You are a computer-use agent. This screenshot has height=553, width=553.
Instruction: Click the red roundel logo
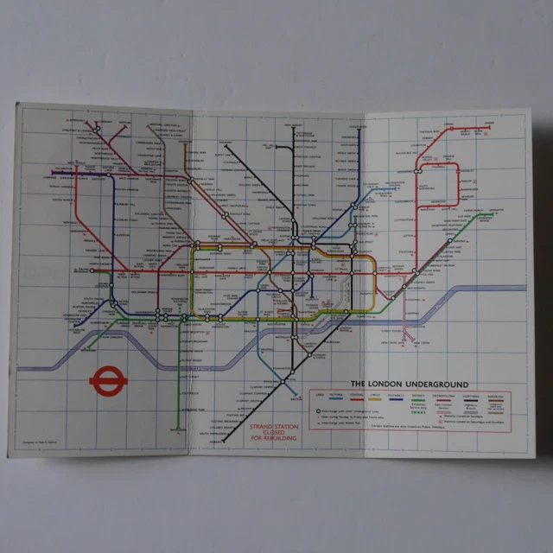(104, 381)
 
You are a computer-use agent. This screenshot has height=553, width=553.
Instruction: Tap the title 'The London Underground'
(409, 384)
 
